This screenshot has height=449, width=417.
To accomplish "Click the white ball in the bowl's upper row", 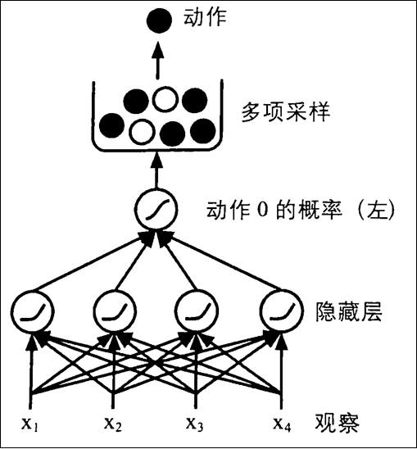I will click(166, 100).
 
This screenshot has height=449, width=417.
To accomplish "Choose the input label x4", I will click(281, 424).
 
